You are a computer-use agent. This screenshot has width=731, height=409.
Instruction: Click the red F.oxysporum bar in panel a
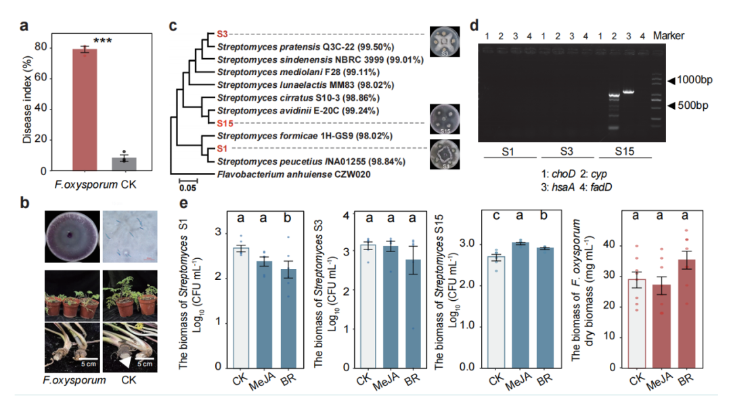coord(85,110)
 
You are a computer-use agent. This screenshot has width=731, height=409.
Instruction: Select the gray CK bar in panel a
coord(124,164)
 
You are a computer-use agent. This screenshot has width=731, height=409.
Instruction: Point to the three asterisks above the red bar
coord(103,41)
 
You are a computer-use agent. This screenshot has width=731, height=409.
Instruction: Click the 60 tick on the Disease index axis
coord(41,77)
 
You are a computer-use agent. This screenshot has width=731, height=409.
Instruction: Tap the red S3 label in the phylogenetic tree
coord(223,34)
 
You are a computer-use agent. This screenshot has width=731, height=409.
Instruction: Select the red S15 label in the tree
coord(225,124)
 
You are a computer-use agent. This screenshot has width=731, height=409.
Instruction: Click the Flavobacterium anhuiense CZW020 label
coord(294,174)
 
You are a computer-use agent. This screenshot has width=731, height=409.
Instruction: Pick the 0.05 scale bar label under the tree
coord(188,188)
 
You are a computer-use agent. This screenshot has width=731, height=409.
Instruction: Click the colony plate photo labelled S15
coord(445,119)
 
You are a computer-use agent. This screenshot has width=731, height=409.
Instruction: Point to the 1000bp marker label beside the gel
coord(694,80)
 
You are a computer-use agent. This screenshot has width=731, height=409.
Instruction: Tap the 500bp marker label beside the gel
coord(693,105)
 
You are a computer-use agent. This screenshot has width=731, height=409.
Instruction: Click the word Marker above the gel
coord(669,36)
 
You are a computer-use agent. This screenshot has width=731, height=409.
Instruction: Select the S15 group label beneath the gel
coord(624,151)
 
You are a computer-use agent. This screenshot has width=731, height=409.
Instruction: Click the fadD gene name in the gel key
coord(602,187)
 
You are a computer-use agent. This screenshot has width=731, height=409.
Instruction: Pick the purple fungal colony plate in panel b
coord(72,237)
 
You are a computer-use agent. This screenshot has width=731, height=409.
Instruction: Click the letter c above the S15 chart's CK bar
coord(497,216)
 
